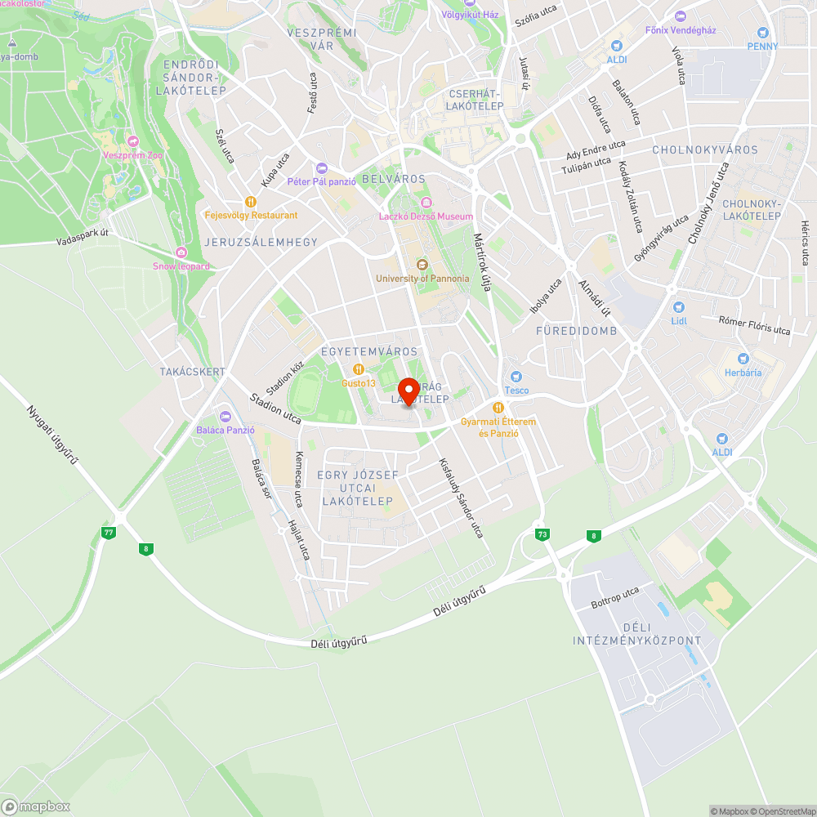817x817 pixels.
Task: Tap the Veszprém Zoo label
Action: [x=133, y=155]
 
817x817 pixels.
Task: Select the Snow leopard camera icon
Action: [x=181, y=252]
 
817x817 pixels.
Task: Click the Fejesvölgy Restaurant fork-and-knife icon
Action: [x=251, y=202]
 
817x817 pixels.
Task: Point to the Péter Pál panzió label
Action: [x=321, y=181]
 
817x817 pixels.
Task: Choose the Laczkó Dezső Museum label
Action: [x=426, y=217]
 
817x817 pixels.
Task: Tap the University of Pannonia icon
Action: [x=422, y=264]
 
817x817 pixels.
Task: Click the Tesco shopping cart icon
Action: [x=516, y=377]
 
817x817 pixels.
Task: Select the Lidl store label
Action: [x=678, y=321]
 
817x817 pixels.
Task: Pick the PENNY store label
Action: [x=762, y=47]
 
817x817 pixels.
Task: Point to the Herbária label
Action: [x=743, y=373]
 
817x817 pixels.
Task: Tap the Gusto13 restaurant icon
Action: [x=358, y=369]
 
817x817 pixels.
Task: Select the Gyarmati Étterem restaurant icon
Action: [x=498, y=408]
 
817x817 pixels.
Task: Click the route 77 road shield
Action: [x=108, y=533]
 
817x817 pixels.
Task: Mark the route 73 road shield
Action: [x=542, y=534]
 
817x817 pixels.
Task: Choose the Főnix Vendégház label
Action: [x=681, y=30]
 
